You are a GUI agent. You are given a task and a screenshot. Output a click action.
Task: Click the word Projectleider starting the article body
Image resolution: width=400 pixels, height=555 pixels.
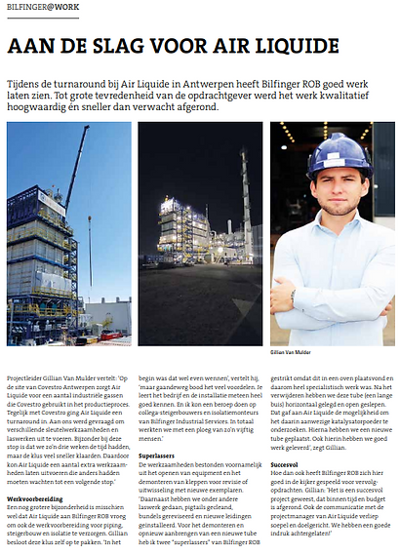tap(26, 374)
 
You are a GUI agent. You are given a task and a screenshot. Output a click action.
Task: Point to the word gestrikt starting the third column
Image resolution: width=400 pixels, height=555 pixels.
tap(285, 374)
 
